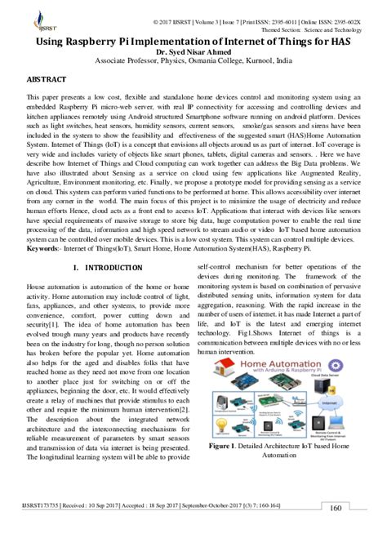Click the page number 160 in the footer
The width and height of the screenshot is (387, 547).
(x=336, y=531)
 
